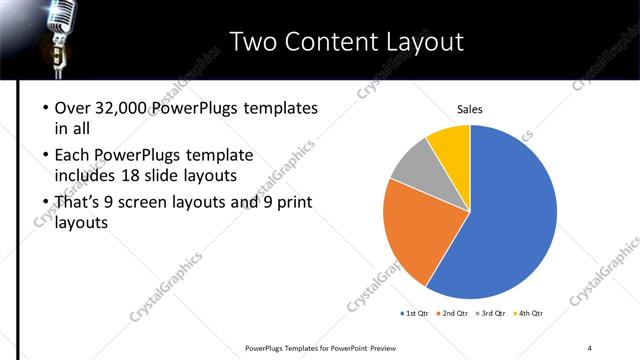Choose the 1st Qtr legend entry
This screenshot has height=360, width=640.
click(x=414, y=314)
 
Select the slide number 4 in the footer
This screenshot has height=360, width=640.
click(x=590, y=347)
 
